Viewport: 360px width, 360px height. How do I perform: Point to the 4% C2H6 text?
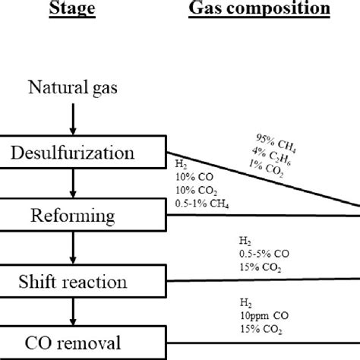click(272, 154)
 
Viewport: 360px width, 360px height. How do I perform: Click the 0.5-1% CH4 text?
click(202, 205)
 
